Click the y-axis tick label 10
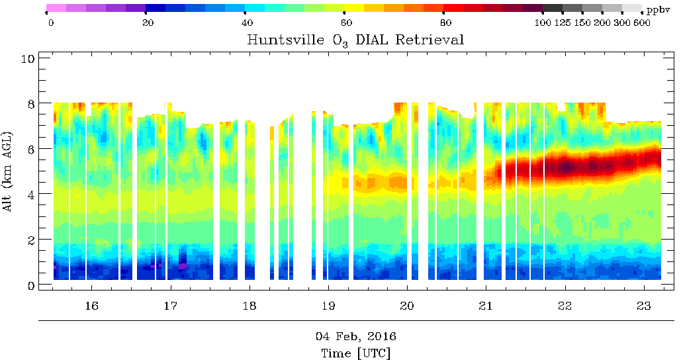[x=28, y=58]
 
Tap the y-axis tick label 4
[x=30, y=194]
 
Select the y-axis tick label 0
[x=30, y=285]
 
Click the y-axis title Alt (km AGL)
[x=9, y=171]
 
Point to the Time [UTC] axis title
[x=355, y=353]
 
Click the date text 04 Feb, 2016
[x=355, y=336]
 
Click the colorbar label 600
[x=642, y=23]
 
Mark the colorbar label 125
[x=563, y=23]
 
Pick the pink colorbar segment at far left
[x=56, y=9]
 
